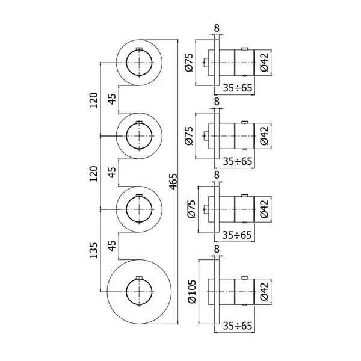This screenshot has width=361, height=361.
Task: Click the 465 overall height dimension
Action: click(174, 182)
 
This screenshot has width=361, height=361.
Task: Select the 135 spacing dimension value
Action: click(94, 250)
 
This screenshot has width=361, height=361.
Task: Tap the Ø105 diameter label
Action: click(191, 291)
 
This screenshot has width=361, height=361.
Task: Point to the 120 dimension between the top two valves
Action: click(94, 100)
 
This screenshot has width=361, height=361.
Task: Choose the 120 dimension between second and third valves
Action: click(94, 174)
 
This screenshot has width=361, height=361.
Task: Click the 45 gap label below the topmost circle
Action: click(112, 99)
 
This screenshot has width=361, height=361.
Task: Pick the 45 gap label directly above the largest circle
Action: click(112, 246)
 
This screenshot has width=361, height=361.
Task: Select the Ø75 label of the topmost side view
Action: click(188, 63)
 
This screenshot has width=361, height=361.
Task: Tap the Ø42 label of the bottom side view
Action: click(264, 292)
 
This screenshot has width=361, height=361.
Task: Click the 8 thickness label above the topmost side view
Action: click(217, 28)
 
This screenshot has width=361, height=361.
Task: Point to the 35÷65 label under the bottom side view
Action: click(238, 326)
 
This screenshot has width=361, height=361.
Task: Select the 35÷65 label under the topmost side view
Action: click(238, 88)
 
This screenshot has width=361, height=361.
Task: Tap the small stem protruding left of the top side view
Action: click(206, 63)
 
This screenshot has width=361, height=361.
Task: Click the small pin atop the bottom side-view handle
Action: click(244, 277)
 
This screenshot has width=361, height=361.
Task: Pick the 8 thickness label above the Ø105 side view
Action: click(217, 249)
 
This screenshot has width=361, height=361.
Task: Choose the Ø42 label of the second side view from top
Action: click(264, 136)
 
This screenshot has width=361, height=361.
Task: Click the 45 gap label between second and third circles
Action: click(112, 173)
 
